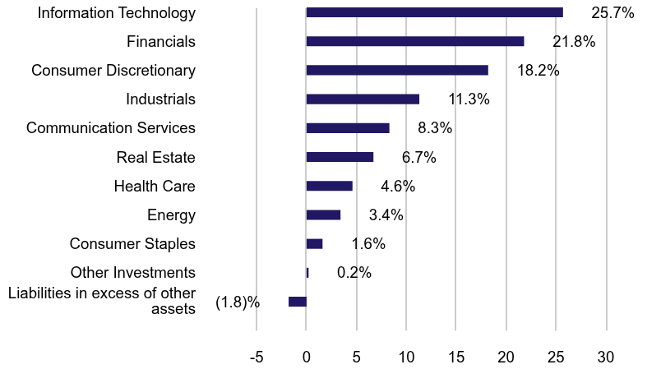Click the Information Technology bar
[434, 12]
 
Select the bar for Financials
[415, 41]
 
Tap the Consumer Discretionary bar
[397, 70]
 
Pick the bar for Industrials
[363, 99]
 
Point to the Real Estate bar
[340, 157]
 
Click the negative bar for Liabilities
[298, 302]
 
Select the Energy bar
[323, 215]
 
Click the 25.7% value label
[612, 13]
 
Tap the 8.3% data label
[435, 128]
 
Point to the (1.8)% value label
[238, 302]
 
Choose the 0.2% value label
[354, 273]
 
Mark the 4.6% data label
[398, 187]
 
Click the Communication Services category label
[111, 128]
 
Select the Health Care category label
[155, 187]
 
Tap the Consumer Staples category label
[132, 244]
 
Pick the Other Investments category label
[133, 273]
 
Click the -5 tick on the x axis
[257, 358]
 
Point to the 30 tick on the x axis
[606, 358]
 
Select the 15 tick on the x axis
[456, 358]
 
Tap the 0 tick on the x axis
[307, 358]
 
